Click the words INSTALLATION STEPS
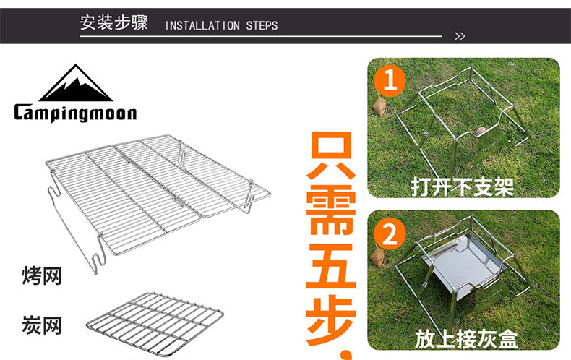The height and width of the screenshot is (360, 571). tap(221, 26)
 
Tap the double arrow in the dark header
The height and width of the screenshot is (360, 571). tap(459, 35)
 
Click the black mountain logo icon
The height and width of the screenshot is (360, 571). tap(75, 85)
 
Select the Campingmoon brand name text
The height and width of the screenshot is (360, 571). tap(75, 113)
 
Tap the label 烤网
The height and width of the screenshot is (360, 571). tap(42, 275)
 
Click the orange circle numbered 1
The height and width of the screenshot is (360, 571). tap(390, 81)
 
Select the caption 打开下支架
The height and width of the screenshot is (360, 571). tap(463, 187)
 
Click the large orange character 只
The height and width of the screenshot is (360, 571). tap(332, 157)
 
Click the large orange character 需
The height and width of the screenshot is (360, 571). tap(332, 217)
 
